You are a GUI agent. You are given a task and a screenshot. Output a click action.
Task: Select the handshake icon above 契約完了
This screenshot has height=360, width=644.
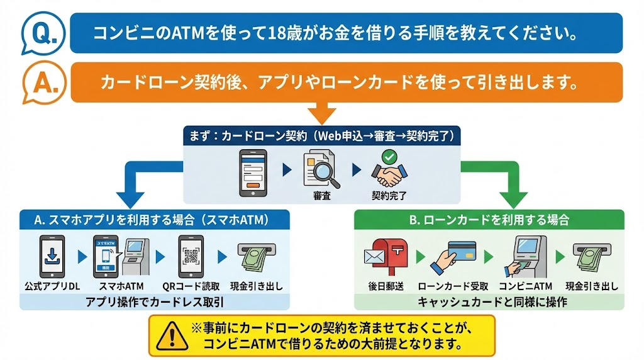pos(389,169)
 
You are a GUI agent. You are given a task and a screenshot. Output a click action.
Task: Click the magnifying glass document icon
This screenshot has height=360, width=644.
pos(321,169)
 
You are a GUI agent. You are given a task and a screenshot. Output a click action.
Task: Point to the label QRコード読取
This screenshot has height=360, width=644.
pos(192,286)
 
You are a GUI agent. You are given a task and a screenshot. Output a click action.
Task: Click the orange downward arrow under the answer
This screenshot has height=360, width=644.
pos(322,115)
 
